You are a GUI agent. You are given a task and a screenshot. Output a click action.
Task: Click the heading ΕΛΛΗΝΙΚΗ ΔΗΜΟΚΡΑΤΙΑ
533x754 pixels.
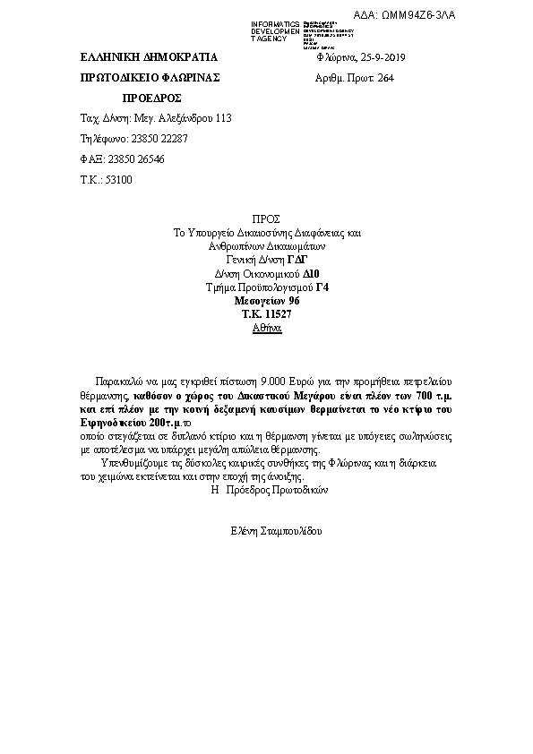pyautogui.click(x=135, y=58)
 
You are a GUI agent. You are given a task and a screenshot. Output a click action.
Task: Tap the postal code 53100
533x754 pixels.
pyautogui.click(x=118, y=180)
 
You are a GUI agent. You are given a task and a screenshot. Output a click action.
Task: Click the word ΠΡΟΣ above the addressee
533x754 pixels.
pyautogui.click(x=267, y=218)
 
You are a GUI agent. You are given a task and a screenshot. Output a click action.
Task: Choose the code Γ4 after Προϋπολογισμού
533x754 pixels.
pyautogui.click(x=321, y=287)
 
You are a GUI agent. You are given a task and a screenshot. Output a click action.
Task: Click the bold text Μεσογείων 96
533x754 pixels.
pyautogui.click(x=267, y=301)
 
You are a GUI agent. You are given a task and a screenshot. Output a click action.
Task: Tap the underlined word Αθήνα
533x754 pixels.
pyautogui.click(x=267, y=329)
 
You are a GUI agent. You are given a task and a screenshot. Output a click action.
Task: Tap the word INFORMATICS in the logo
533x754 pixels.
pyautogui.click(x=275, y=23)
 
